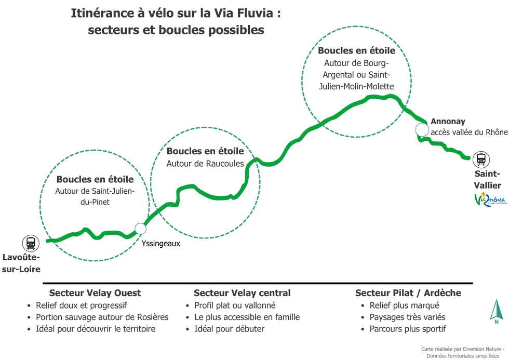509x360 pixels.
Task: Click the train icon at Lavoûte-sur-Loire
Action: (x=31, y=244)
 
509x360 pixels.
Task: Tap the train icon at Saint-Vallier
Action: (x=481, y=159)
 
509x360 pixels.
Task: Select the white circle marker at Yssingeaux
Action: (x=141, y=229)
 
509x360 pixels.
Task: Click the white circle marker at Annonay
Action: (x=422, y=130)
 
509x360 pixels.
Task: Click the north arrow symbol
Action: (x=497, y=312)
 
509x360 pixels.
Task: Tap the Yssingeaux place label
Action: (x=160, y=244)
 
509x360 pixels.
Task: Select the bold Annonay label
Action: (x=448, y=122)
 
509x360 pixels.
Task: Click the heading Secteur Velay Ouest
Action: (x=95, y=293)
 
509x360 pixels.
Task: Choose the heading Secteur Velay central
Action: (x=242, y=293)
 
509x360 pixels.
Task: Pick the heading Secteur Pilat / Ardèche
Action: (x=408, y=293)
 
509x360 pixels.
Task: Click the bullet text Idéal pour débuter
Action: (x=230, y=329)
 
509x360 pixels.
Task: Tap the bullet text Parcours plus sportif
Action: (x=408, y=329)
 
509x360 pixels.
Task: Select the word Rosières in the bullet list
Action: (x=153, y=317)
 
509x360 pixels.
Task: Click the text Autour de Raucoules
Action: (x=205, y=163)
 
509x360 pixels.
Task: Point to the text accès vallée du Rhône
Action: (x=470, y=132)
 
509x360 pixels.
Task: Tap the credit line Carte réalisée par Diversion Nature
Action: (x=463, y=349)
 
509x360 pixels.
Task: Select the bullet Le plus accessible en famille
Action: (x=247, y=317)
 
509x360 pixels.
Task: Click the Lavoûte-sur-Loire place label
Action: (x=21, y=263)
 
